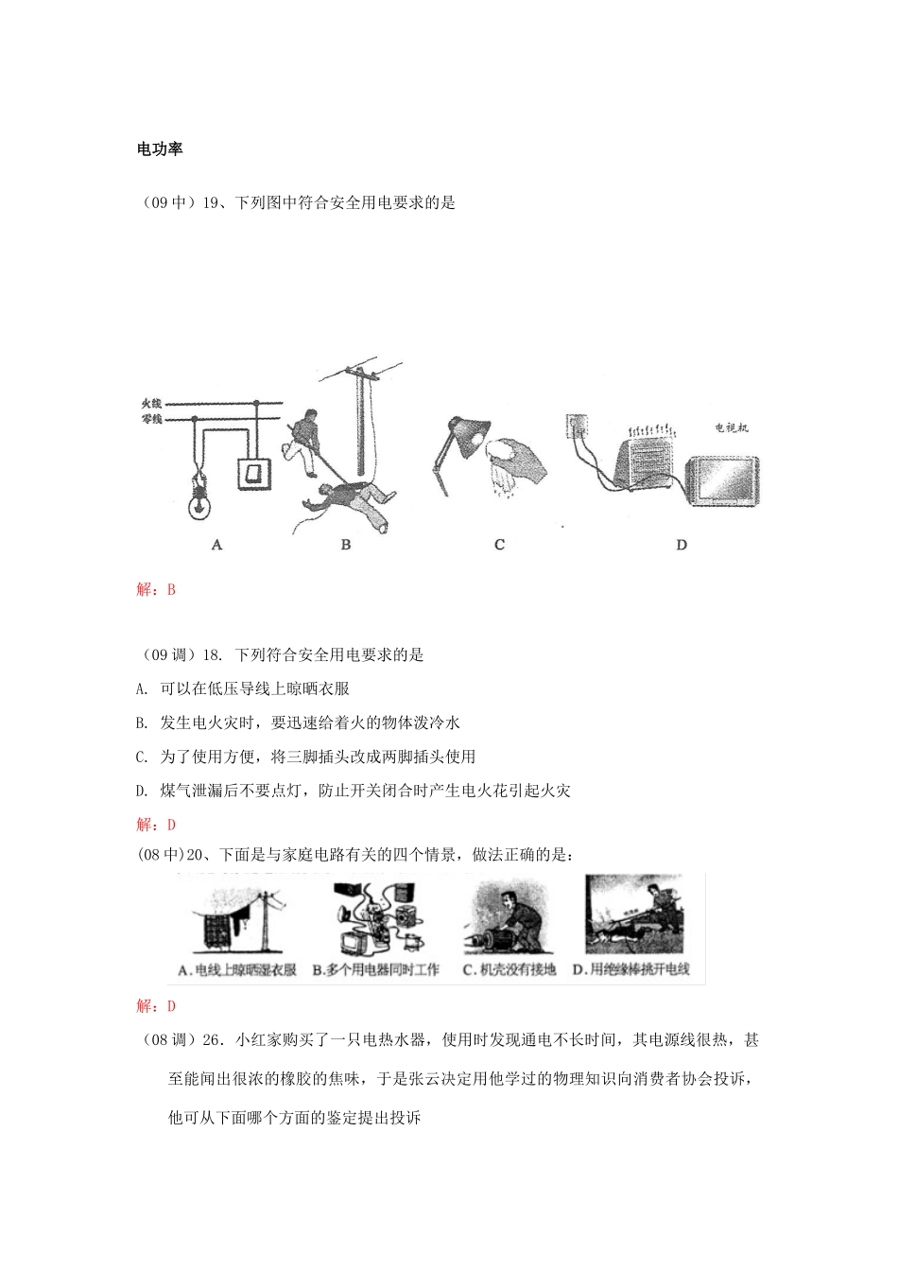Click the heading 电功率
pyautogui.click(x=160, y=149)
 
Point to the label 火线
pyautogui.click(x=152, y=404)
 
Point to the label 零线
pyautogui.click(x=152, y=418)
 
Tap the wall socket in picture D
pyautogui.click(x=579, y=427)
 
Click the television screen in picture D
pyautogui.click(x=722, y=481)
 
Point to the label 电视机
pyautogui.click(x=732, y=428)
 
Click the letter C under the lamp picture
pyautogui.click(x=499, y=545)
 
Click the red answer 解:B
pyautogui.click(x=157, y=590)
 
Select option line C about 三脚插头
pyautogui.click(x=305, y=757)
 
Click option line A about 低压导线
pyautogui.click(x=243, y=688)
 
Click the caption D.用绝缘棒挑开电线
pyautogui.click(x=630, y=970)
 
